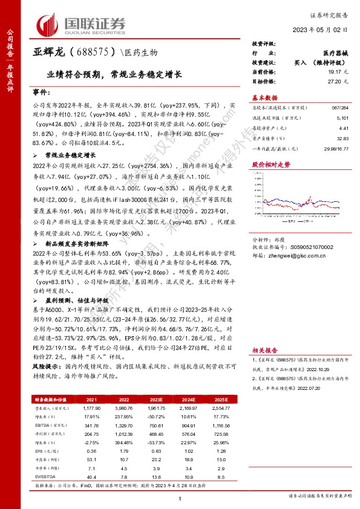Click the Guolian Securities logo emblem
49,25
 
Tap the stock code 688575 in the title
90,53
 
